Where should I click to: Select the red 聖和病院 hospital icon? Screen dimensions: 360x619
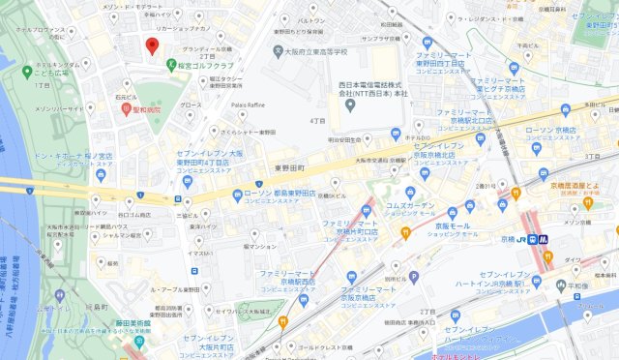coord(126,109)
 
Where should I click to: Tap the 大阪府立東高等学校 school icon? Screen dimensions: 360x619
coord(279,51)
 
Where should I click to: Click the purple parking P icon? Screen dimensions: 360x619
coord(414,277)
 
